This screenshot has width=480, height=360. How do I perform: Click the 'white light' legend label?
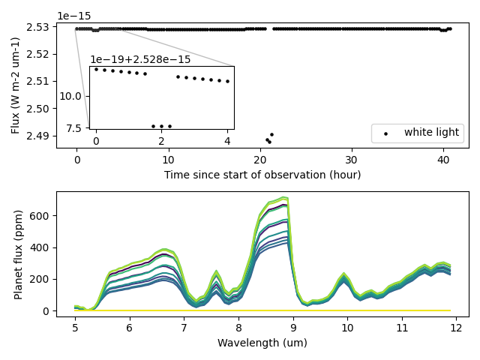431,133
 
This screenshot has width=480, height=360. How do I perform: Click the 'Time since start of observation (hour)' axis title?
262,175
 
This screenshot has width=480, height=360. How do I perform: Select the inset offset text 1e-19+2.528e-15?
140,59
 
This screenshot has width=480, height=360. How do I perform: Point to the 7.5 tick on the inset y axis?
78,127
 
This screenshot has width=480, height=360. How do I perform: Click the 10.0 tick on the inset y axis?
75,96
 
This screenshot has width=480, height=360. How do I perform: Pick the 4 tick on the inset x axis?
227,141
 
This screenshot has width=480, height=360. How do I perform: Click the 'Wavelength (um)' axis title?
262,343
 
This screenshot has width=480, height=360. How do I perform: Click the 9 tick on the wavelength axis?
293,328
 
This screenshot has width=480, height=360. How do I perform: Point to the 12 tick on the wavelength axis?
456,328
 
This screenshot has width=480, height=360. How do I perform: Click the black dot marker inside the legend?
386,133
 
